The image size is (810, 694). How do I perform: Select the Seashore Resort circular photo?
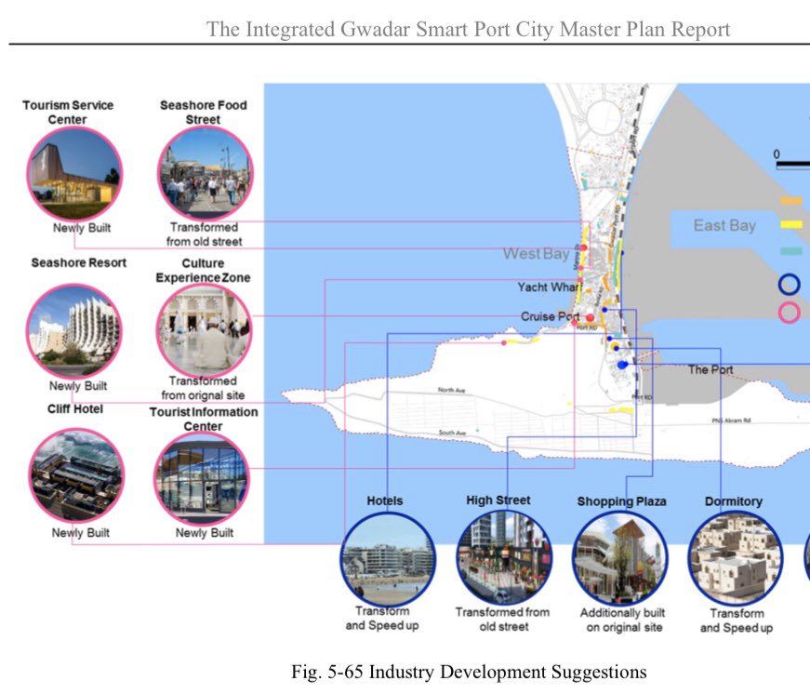[74, 330]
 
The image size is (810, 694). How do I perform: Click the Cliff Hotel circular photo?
[74, 475]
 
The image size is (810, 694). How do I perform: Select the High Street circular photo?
[503, 556]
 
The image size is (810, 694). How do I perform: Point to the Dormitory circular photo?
[735, 556]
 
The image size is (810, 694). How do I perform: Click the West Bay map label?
[536, 254]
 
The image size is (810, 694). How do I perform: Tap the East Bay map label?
[724, 225]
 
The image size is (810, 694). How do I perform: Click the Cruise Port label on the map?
[551, 317]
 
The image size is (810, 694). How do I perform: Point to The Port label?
[710, 370]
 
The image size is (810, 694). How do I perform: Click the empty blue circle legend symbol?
[790, 284]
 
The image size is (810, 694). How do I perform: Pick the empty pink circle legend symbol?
[790, 313]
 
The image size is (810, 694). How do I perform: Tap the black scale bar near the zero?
[792, 166]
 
